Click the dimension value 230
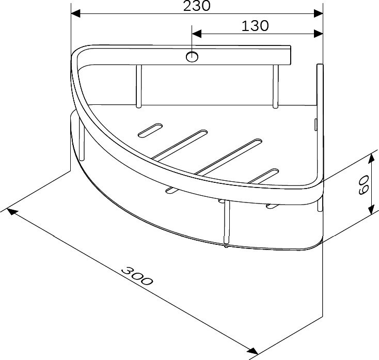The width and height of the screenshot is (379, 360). (197, 6)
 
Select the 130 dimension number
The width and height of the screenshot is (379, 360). (255, 25)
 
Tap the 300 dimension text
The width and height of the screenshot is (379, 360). (137, 276)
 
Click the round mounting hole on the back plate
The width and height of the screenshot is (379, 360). (192, 56)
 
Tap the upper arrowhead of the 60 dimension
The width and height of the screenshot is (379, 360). (370, 156)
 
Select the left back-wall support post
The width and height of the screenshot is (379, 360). (138, 86)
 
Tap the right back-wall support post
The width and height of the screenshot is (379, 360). (276, 86)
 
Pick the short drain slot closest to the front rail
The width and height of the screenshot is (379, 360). (264, 176)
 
